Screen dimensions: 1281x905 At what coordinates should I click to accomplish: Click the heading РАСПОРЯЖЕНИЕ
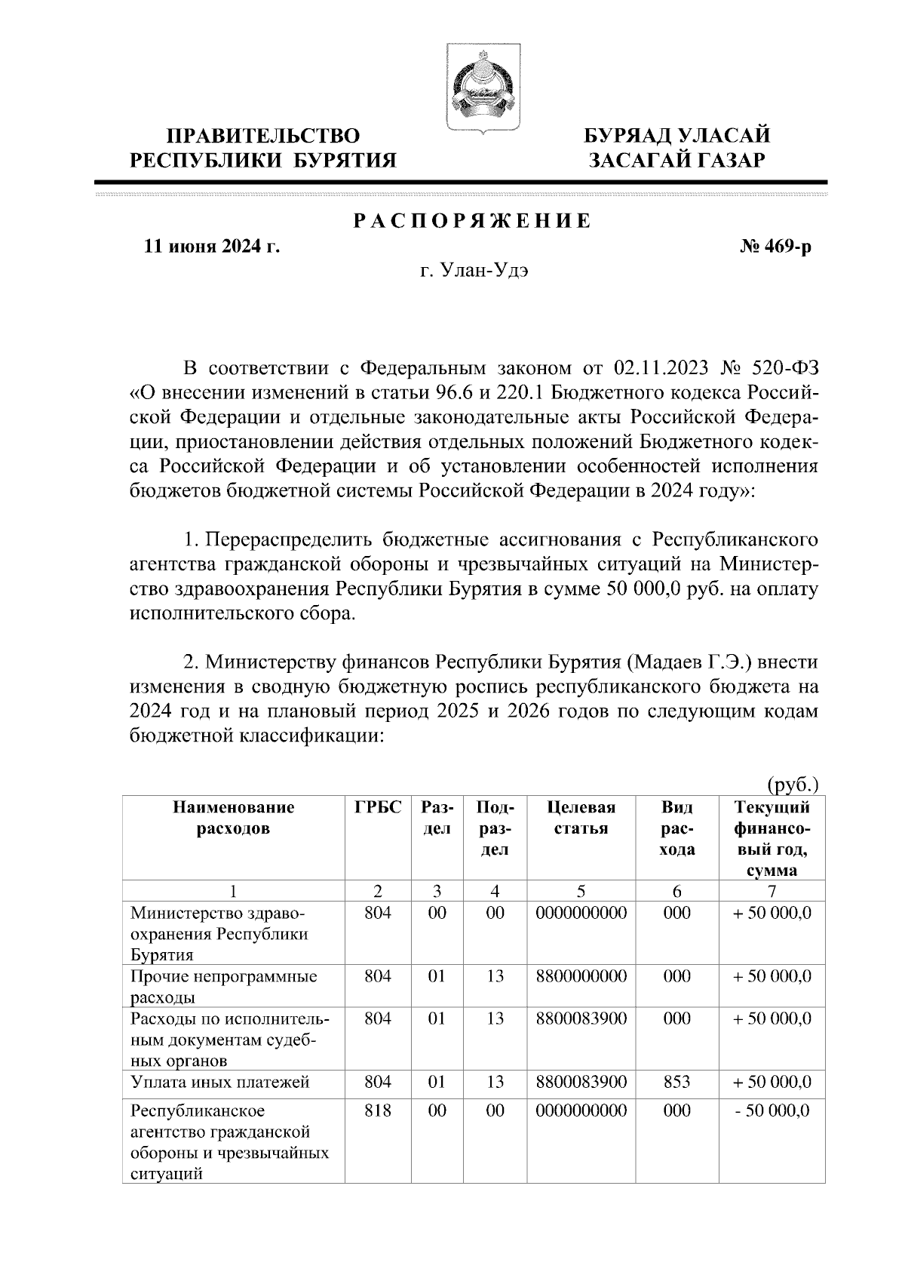coord(473,221)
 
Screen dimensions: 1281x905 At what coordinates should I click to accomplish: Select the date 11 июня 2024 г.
coord(212,247)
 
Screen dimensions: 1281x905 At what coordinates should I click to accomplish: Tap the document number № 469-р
coord(776,247)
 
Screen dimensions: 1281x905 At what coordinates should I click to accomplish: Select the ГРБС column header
coord(378,807)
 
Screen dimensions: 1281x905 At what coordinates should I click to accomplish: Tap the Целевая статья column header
coord(581,818)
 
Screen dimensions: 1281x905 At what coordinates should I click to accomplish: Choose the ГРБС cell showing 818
coord(377,1111)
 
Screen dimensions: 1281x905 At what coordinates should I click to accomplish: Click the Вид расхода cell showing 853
coord(676,1082)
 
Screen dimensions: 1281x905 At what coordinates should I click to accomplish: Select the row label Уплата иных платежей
coord(220,1082)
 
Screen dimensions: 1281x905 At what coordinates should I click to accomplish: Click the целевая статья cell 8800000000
coord(581,976)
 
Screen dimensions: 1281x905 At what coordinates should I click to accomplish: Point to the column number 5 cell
coord(581,890)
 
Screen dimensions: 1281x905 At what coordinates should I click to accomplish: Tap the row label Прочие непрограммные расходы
coord(223,987)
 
